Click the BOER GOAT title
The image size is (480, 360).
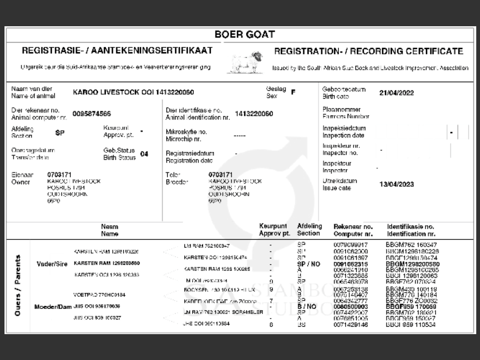[x=244, y=34]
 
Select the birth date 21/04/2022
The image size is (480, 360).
[x=396, y=93]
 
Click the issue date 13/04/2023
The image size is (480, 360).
[x=396, y=184]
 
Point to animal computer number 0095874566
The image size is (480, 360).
[x=91, y=114]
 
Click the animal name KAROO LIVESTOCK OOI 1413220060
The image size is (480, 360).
[x=133, y=92]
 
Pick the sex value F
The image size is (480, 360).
[x=293, y=92]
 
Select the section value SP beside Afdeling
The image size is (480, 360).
[x=60, y=133]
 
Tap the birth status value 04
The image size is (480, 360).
[x=144, y=154]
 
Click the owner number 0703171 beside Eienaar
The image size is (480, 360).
[x=59, y=175]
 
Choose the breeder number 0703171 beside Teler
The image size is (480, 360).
[x=220, y=175]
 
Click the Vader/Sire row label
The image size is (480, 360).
[x=52, y=264]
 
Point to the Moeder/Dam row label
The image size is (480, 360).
[x=52, y=307]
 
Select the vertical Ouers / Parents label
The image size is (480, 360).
[x=18, y=285]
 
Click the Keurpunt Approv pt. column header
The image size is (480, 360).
[x=274, y=230]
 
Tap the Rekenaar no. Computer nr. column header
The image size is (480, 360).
[x=353, y=230]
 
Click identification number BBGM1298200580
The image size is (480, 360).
[x=412, y=264]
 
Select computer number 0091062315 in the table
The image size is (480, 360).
[x=351, y=264]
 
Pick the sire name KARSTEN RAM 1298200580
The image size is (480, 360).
[x=107, y=263]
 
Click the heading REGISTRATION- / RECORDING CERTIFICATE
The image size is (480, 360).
[x=368, y=51]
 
